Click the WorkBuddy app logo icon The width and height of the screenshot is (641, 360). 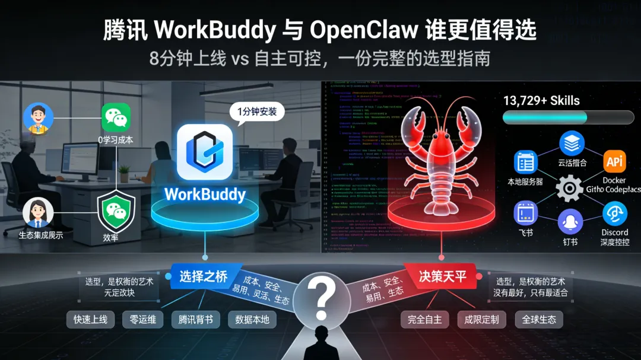click(x=205, y=152)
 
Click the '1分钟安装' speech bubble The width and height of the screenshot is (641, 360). click(x=256, y=111)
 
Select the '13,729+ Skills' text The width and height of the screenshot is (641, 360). click(x=541, y=100)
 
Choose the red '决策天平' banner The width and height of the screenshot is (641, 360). click(x=441, y=276)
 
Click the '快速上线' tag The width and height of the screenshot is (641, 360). click(x=91, y=320)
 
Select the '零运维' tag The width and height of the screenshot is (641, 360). click(x=144, y=320)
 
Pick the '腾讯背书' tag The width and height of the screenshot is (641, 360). click(x=195, y=320)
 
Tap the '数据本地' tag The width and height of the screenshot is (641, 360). click(x=252, y=320)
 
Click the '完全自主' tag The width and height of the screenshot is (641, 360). click(x=425, y=320)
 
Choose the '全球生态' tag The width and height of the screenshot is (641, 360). click(x=539, y=320)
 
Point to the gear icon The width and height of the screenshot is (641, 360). click(x=569, y=189)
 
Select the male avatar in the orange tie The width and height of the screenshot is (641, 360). click(x=39, y=119)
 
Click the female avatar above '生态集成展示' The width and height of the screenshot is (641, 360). click(x=38, y=213)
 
